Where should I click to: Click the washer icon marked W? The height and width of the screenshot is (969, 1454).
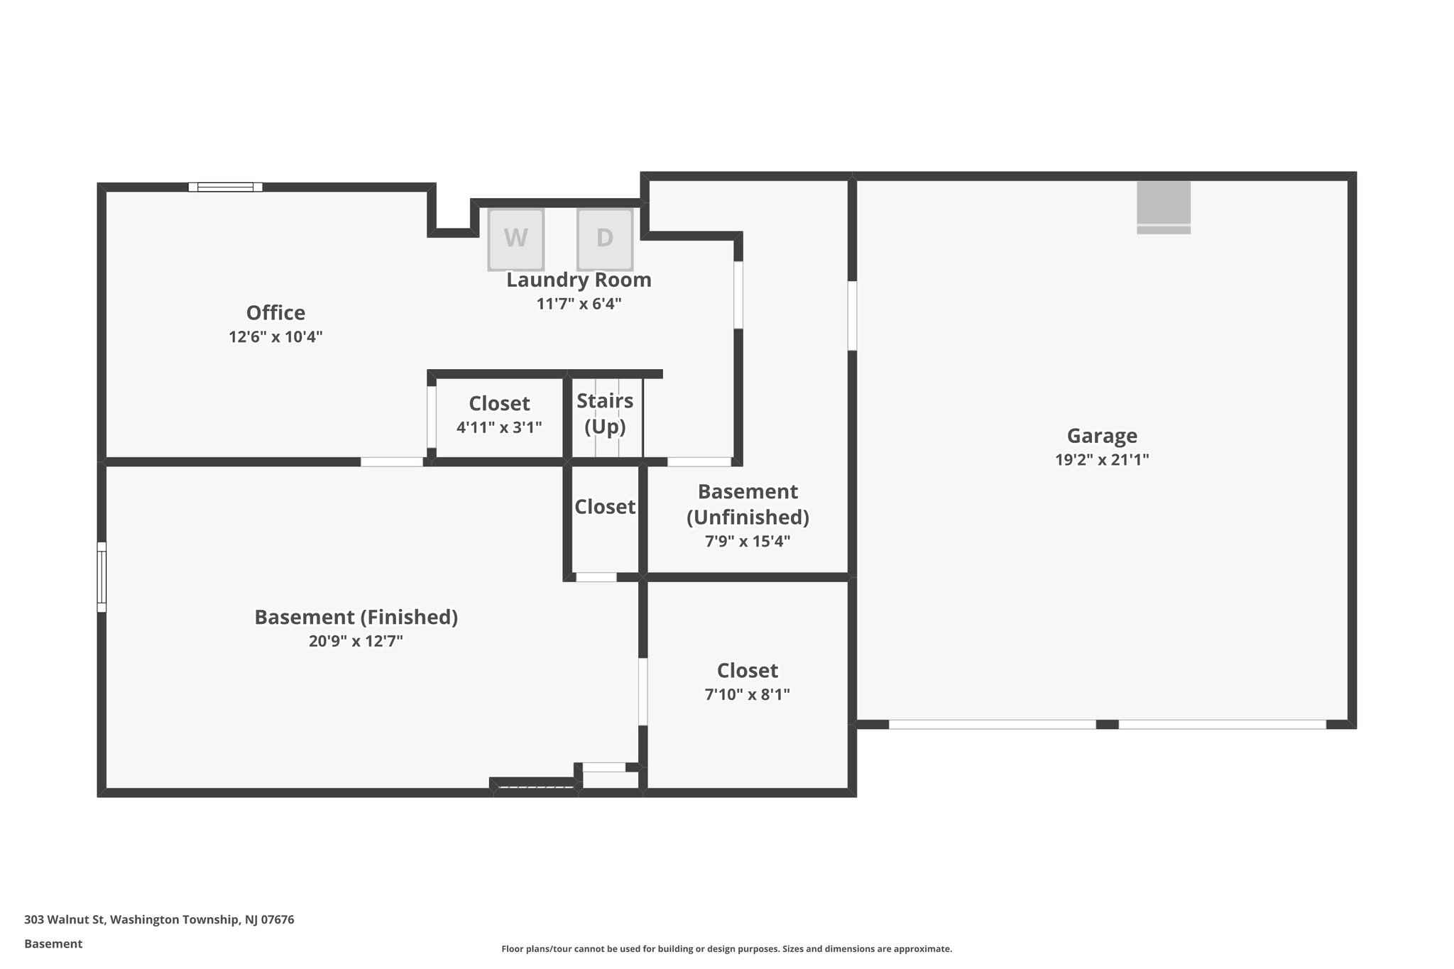click(x=515, y=239)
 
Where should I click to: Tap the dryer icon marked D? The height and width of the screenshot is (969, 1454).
click(x=604, y=239)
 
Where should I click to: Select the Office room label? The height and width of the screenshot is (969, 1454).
click(x=275, y=312)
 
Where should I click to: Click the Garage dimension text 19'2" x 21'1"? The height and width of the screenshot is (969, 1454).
click(x=1102, y=460)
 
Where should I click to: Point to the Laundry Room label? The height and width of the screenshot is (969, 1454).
click(x=579, y=280)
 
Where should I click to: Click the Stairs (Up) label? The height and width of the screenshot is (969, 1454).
click(x=605, y=413)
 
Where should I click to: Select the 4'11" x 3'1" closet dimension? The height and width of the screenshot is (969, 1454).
click(x=499, y=427)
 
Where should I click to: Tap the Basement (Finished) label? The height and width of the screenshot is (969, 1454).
click(x=356, y=617)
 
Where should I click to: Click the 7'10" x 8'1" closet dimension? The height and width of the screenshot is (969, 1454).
click(x=747, y=694)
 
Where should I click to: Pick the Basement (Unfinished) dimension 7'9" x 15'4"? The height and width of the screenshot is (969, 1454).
click(x=747, y=542)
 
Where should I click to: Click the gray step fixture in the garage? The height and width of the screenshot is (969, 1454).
click(x=1163, y=207)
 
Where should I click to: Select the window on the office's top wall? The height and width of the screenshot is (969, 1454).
click(x=225, y=187)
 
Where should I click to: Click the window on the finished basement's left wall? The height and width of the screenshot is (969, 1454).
click(x=102, y=576)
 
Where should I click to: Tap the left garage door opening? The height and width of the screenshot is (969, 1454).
click(x=992, y=725)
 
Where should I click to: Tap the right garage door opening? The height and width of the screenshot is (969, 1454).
click(x=1222, y=725)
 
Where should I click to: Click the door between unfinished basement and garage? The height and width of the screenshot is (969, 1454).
click(x=852, y=315)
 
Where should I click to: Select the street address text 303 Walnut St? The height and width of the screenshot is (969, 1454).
click(x=159, y=919)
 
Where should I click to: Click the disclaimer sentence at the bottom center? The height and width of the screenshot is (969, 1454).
click(x=726, y=948)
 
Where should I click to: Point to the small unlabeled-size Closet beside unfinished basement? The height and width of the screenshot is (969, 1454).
click(x=604, y=506)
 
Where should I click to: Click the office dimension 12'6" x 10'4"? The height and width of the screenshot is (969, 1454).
click(x=275, y=336)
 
